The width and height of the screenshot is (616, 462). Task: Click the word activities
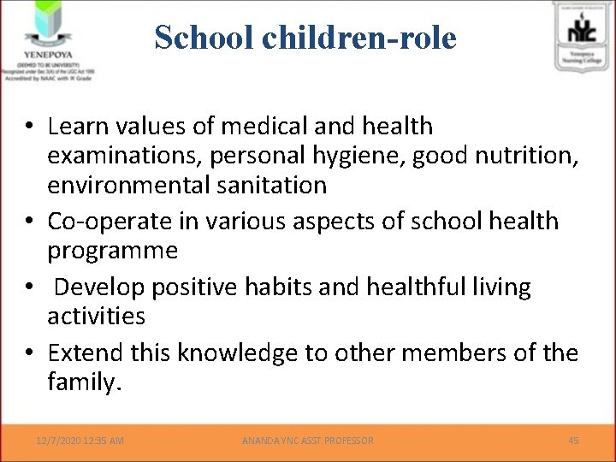(x=97, y=316)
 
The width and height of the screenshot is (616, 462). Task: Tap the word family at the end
(x=83, y=382)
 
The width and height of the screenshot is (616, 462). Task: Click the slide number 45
(x=573, y=441)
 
